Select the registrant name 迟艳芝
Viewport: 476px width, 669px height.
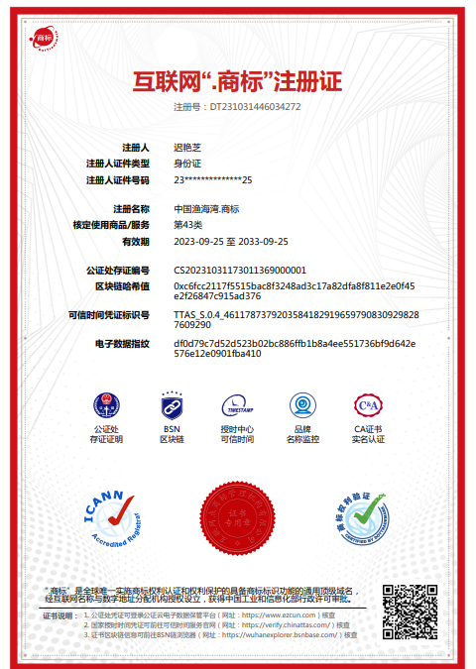tap(187, 147)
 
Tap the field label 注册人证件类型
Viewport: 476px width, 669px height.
tap(117, 163)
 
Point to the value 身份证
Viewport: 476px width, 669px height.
tap(187, 163)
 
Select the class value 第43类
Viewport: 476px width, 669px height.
tap(187, 225)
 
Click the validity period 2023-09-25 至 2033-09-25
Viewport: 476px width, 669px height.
tap(231, 241)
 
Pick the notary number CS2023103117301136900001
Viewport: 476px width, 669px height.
tap(240, 270)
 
